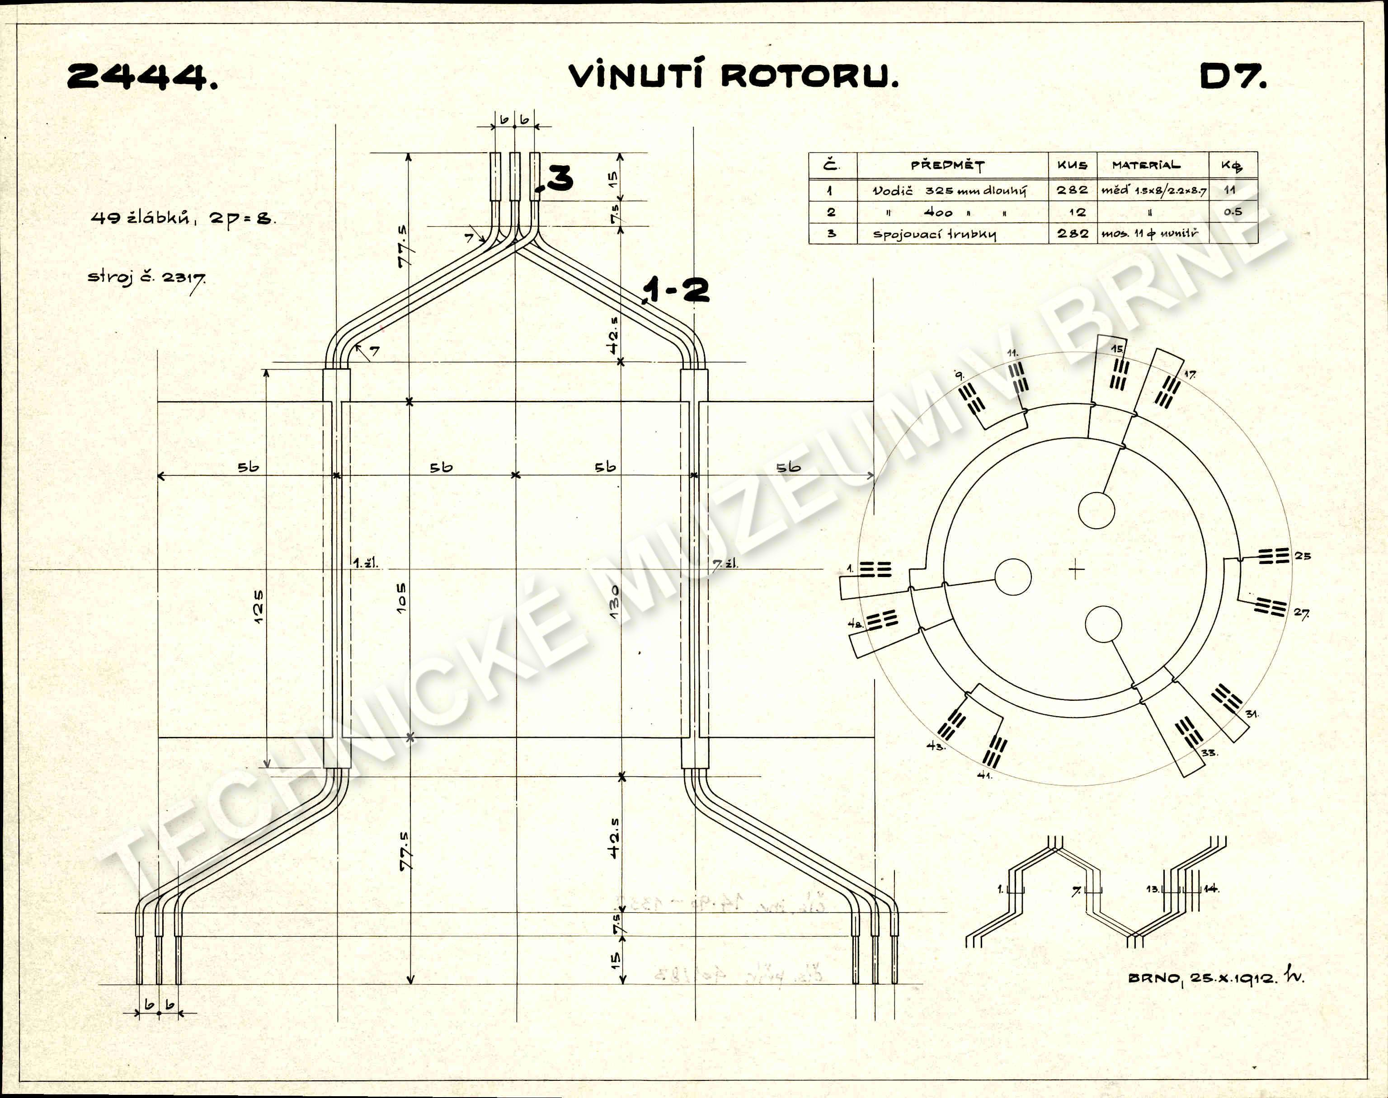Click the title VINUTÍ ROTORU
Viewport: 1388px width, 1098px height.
coord(733,76)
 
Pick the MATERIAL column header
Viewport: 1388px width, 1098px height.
coord(1146,165)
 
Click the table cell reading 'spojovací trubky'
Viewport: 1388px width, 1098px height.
coord(934,234)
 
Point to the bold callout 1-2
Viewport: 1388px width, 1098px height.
coord(676,290)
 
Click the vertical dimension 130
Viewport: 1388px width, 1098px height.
coord(615,602)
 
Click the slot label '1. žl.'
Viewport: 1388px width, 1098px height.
coord(365,564)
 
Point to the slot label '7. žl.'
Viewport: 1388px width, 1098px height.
coord(725,564)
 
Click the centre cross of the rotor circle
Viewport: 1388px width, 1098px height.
coord(1076,569)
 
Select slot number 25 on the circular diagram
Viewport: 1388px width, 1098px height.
coord(1303,555)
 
